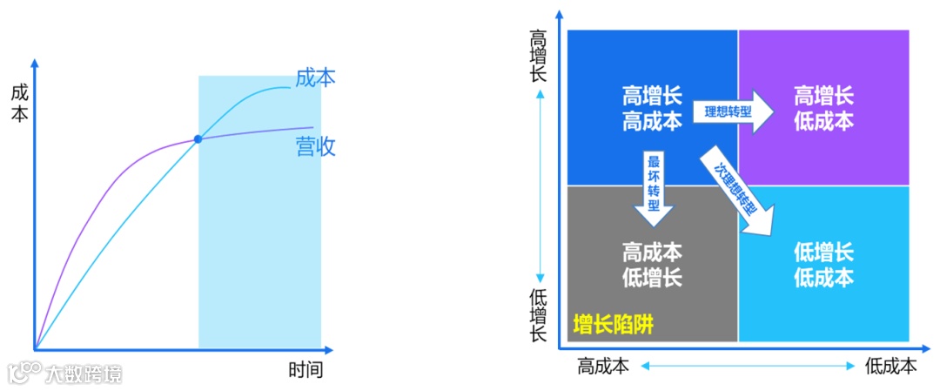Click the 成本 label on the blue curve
tap(315, 78)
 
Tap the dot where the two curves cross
tap(198, 139)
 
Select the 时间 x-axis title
tap(305, 370)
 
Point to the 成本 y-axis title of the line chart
tap(19, 102)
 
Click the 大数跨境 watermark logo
tap(65, 374)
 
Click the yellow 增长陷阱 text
tap(613, 326)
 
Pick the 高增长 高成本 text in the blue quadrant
tap(652, 107)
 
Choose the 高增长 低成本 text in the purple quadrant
tap(823, 107)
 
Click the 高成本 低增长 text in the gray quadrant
tap(652, 265)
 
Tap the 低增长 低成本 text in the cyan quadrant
tap(823, 265)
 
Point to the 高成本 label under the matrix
tap(603, 367)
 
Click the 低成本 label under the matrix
tap(890, 367)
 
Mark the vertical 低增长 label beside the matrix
tap(540, 313)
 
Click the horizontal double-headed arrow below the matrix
tap(747, 367)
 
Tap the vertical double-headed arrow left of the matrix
tap(540, 185)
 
